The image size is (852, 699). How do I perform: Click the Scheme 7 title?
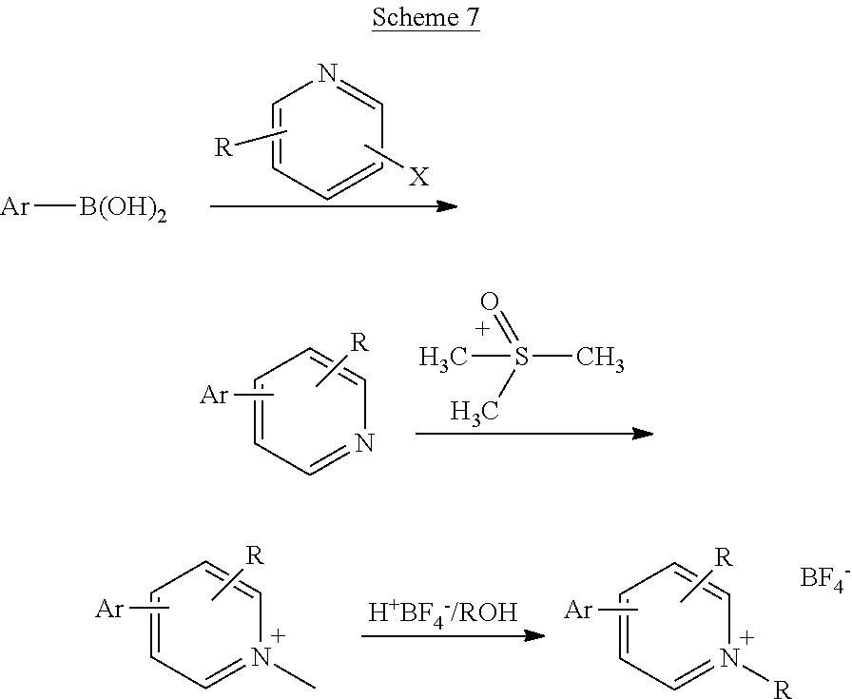(x=425, y=18)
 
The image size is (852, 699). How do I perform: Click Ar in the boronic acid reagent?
(x=16, y=205)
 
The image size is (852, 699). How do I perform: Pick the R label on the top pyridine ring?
(x=223, y=147)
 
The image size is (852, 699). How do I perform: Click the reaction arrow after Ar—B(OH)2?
(x=333, y=205)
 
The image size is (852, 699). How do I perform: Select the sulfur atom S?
(x=521, y=359)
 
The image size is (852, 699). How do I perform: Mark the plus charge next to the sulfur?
(x=482, y=329)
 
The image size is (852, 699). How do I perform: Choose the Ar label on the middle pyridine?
(x=214, y=394)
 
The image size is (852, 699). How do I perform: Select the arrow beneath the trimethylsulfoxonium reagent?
(x=533, y=434)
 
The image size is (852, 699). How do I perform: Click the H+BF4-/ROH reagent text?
(x=442, y=612)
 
